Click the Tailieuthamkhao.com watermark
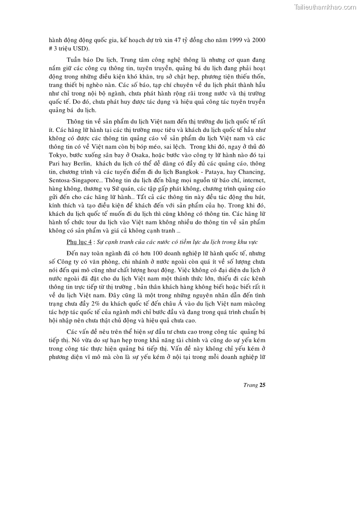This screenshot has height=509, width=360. tap(325, 7)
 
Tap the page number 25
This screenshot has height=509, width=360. tap(262, 385)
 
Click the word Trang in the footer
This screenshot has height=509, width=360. tap(250, 385)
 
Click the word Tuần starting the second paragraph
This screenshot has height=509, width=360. tap(75, 60)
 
